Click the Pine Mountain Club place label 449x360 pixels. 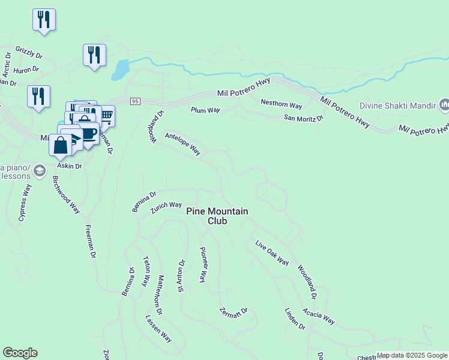click(217, 216)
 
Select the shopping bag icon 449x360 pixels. click(61, 145)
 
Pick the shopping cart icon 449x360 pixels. click(106, 115)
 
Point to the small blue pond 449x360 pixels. click(119, 70)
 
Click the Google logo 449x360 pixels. click(20, 353)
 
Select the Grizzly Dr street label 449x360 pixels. click(29, 52)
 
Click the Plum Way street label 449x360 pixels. click(205, 110)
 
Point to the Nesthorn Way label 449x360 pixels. click(281, 103)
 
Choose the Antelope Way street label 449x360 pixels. click(182, 143)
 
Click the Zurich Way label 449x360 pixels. click(166, 205)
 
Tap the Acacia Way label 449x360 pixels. click(318, 317)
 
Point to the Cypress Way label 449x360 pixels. click(25, 203)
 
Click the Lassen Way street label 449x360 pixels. click(159, 329)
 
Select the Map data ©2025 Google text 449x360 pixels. click(412, 355)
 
